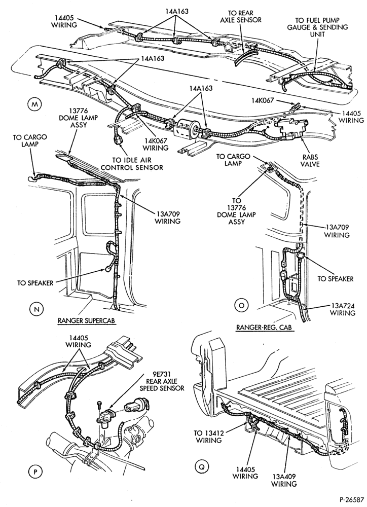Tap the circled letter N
36,309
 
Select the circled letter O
241,305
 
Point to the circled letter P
35,472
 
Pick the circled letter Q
202,466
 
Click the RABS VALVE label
310,160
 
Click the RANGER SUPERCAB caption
87,320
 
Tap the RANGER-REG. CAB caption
264,327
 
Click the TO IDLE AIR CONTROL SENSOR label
137,164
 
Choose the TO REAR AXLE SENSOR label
241,17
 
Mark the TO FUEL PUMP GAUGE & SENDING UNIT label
317,27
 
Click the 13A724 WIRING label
343,309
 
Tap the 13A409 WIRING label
283,480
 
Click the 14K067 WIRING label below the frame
157,144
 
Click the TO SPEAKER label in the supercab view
35,283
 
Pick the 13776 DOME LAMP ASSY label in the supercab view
79,118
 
